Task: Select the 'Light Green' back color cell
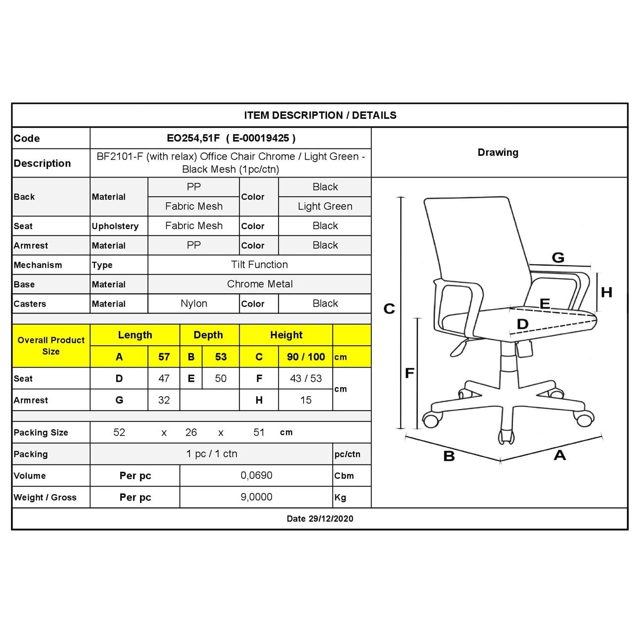[325, 206]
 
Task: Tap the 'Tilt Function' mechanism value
[259, 265]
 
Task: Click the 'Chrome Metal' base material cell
[260, 284]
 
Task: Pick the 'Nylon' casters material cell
[194, 304]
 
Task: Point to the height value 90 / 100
[306, 357]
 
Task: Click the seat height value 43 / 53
[306, 378]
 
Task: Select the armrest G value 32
[164, 400]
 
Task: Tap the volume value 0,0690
[256, 475]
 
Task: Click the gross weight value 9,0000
[256, 497]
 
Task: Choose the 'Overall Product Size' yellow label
[51, 346]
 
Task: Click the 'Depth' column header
[208, 335]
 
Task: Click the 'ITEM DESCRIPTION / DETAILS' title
[320, 115]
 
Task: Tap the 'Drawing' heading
[498, 152]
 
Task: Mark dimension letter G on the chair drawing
[558, 258]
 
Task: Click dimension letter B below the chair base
[449, 456]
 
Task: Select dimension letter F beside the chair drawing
[410, 373]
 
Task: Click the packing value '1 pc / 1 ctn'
[212, 454]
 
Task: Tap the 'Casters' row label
[30, 304]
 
